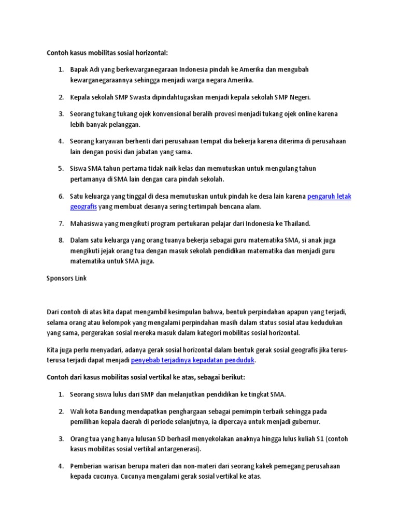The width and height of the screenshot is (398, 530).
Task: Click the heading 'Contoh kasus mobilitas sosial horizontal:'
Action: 108,53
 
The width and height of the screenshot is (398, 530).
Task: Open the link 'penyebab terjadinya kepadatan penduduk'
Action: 193,360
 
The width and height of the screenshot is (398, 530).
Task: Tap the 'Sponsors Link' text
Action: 67,278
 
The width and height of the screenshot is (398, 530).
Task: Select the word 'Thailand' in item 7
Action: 296,224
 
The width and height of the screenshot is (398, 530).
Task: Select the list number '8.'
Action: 61,240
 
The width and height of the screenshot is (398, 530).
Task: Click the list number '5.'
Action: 61,169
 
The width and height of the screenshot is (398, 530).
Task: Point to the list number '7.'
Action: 61,224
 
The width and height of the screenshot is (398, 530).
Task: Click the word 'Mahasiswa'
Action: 89,224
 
